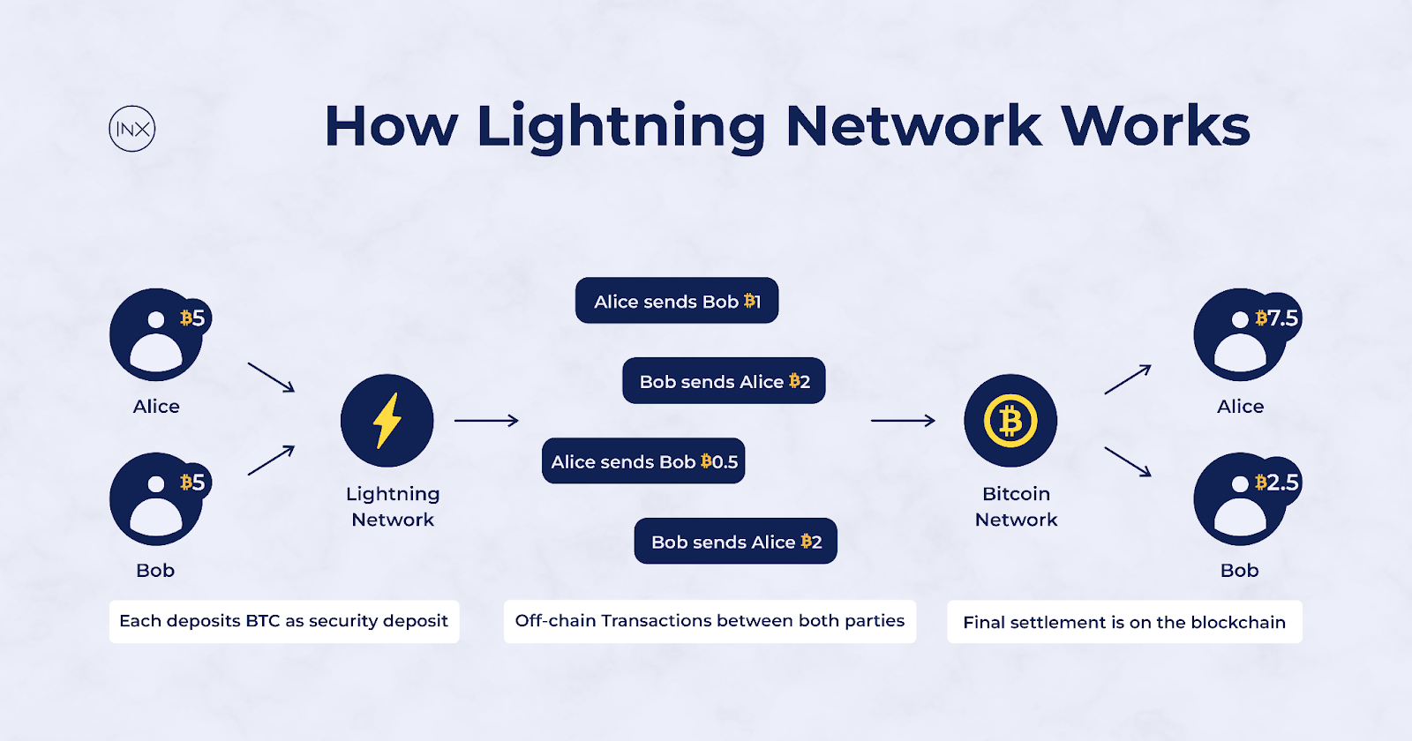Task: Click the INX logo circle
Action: coord(132,129)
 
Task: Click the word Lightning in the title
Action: coord(620,126)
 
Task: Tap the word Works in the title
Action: coord(1155,126)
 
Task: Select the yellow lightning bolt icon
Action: coord(387,421)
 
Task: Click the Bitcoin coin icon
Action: coord(1010,421)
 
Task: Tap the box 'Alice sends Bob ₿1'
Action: coord(677,301)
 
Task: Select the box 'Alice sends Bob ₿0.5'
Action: coord(643,461)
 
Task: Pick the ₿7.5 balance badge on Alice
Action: coord(1277,318)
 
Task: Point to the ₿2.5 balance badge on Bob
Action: coord(1277,482)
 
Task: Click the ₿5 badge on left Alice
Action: coord(192,318)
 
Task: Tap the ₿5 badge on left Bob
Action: coord(192,482)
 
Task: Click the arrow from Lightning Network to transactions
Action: coord(486,421)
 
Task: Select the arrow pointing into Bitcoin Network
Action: coord(903,421)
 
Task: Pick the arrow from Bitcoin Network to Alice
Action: coord(1128,379)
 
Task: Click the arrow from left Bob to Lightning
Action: coord(271,460)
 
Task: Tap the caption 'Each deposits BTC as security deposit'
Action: coord(283,621)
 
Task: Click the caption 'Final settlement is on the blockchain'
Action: coord(1124,622)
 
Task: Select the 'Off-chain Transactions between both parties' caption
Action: coord(710,621)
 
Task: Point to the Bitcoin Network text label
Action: coord(1016,506)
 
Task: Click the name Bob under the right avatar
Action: coord(1239,571)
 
